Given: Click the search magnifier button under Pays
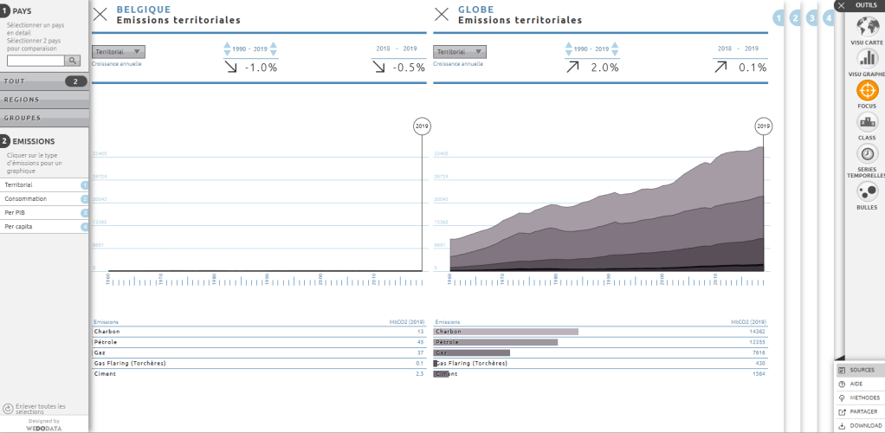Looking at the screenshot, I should click(74, 61).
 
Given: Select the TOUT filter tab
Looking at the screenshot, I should click(43, 81).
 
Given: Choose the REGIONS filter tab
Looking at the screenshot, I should click(43, 100).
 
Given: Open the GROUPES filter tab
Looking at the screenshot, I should click(43, 118).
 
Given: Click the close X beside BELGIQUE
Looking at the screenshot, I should click(100, 14).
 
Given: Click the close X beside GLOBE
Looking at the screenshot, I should click(442, 14).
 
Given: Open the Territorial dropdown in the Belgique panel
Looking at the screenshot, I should click(119, 52).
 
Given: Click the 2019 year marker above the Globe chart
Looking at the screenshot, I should click(763, 126).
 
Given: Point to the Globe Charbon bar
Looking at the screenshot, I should click(506, 332).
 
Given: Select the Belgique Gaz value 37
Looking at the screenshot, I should click(419, 352).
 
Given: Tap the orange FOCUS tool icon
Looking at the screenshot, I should click(867, 91).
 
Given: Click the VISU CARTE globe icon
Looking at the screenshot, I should click(867, 25).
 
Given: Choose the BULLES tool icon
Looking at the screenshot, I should click(867, 191).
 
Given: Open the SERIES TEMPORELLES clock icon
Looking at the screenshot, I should click(867, 154).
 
